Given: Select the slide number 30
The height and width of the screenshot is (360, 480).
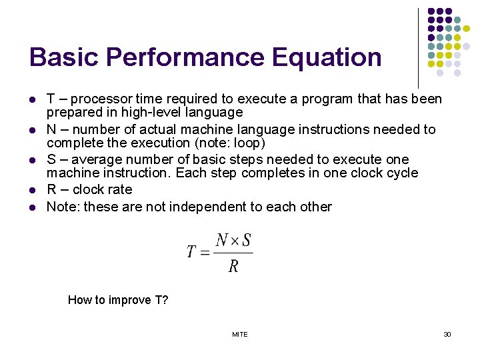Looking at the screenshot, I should click(x=447, y=334).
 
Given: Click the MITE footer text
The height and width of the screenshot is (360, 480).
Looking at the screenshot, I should click(x=240, y=334).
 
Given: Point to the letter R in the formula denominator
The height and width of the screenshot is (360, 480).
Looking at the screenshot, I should click(x=233, y=267).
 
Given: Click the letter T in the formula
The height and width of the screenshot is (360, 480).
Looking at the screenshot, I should click(x=192, y=252).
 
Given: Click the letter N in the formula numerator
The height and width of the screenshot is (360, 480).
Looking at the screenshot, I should click(x=222, y=241).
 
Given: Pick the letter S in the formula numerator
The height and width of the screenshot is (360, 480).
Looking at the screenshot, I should click(x=246, y=241).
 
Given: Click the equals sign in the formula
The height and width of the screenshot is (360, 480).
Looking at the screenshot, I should click(x=205, y=252).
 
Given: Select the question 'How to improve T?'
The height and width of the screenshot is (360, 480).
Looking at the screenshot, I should click(x=118, y=300).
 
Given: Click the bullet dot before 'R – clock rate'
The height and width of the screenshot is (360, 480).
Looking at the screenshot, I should click(x=32, y=190).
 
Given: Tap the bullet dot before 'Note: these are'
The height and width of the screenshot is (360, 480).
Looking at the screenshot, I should click(x=32, y=207).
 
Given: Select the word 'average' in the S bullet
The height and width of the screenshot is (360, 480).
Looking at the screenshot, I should click(x=94, y=160).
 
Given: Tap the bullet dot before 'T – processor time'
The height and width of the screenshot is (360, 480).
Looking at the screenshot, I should click(x=32, y=100).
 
